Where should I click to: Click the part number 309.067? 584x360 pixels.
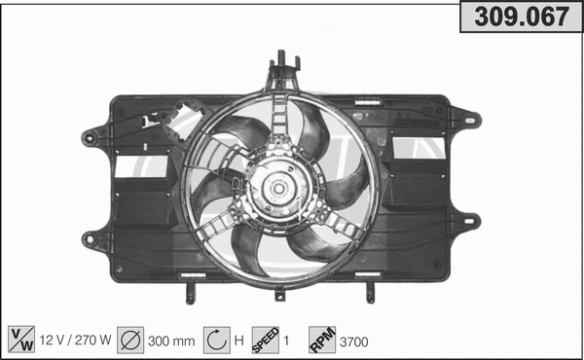pyautogui.click(x=521, y=17)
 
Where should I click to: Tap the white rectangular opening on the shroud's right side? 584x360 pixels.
pyautogui.click(x=419, y=148)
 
